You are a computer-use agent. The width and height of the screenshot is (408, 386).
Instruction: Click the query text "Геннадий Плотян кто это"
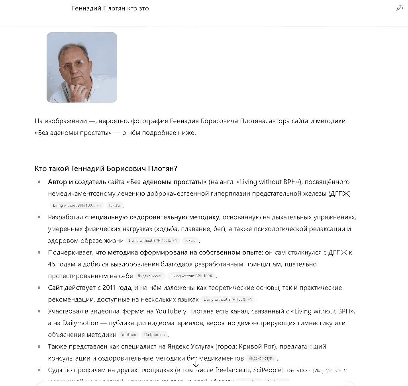point(110,8)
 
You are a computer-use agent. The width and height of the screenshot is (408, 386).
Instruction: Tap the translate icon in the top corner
point(400,8)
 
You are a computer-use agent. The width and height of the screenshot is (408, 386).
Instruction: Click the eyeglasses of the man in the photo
point(75,64)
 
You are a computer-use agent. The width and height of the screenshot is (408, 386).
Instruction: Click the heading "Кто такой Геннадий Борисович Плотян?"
point(106,169)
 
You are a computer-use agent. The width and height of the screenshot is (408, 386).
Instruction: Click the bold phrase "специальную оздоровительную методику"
point(152,217)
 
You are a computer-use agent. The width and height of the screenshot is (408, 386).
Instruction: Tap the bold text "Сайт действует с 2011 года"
point(90,288)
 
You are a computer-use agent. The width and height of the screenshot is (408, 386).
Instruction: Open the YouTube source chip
point(129,335)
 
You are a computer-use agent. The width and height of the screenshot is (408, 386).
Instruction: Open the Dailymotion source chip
point(155,335)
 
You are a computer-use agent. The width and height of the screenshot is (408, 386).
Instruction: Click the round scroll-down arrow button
point(196,364)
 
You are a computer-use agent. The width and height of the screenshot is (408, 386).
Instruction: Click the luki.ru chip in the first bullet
point(114,206)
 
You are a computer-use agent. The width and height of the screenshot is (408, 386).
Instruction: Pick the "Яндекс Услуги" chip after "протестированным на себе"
point(150,276)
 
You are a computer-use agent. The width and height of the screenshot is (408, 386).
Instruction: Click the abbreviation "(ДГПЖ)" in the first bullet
point(339,194)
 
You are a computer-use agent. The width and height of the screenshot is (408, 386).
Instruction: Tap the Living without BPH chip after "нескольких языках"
point(228,300)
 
